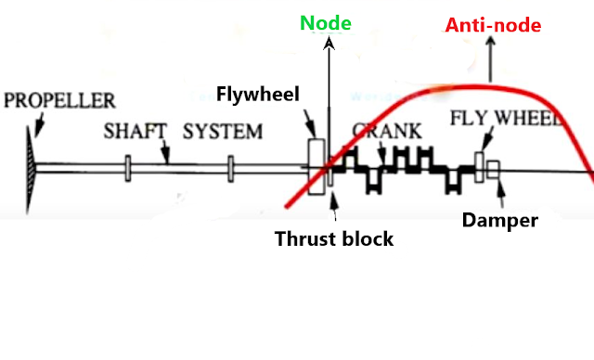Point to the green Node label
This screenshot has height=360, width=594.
click(325, 22)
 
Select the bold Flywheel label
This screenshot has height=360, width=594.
click(252, 95)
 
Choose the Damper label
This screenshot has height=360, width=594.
click(500, 221)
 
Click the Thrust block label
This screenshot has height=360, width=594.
click(334, 238)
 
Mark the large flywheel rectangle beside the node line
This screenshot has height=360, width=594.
click(316, 167)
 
